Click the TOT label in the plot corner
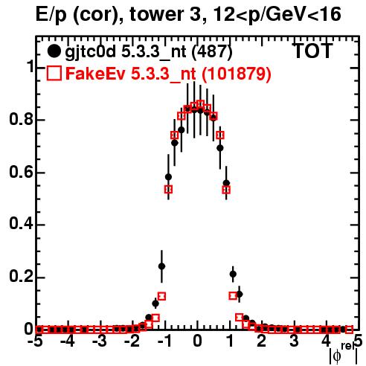[312, 51]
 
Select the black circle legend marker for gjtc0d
[54, 51]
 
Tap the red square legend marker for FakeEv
[54, 73]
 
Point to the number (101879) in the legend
[237, 74]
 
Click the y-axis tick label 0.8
[21, 119]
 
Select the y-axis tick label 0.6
[21, 172]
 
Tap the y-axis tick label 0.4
[21, 225]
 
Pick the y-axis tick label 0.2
[21, 277]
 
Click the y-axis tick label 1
[30, 67]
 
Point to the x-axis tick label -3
[100, 341]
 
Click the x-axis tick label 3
[294, 341]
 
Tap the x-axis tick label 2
[262, 341]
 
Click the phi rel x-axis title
[344, 354]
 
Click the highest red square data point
[201, 103]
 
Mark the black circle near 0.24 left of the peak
[161, 266]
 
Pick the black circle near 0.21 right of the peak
[233, 274]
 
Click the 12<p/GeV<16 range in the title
[277, 15]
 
